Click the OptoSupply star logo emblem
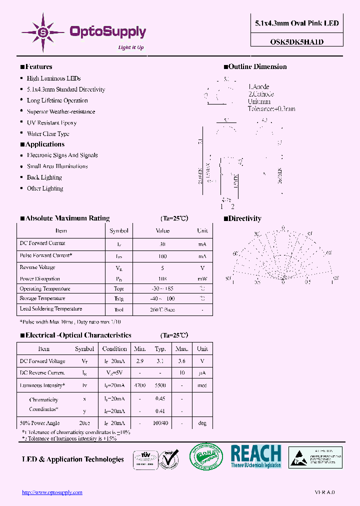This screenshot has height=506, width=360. [x=43, y=32]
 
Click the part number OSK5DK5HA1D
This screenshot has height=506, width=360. [x=297, y=42]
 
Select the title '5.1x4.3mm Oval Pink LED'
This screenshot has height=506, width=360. [x=297, y=23]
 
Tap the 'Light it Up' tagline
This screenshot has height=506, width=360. [x=131, y=47]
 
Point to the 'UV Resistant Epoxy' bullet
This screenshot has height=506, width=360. [x=51, y=122]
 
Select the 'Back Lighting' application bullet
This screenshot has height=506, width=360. [x=44, y=177]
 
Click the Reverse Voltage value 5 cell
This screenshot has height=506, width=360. [x=162, y=267]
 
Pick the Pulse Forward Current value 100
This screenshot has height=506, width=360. [x=162, y=256]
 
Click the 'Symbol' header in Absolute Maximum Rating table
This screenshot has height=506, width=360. [x=119, y=231]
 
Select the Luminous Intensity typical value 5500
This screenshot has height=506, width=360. [x=160, y=386]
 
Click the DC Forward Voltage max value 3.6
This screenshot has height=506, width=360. [x=182, y=360]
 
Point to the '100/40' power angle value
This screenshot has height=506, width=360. [x=160, y=423]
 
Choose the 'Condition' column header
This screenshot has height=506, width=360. [x=114, y=349]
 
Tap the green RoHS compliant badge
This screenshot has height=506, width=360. [x=205, y=457]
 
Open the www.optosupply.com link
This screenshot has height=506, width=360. [x=52, y=492]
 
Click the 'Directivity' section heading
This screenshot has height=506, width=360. [x=244, y=218]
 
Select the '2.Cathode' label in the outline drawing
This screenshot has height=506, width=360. [x=261, y=94]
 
